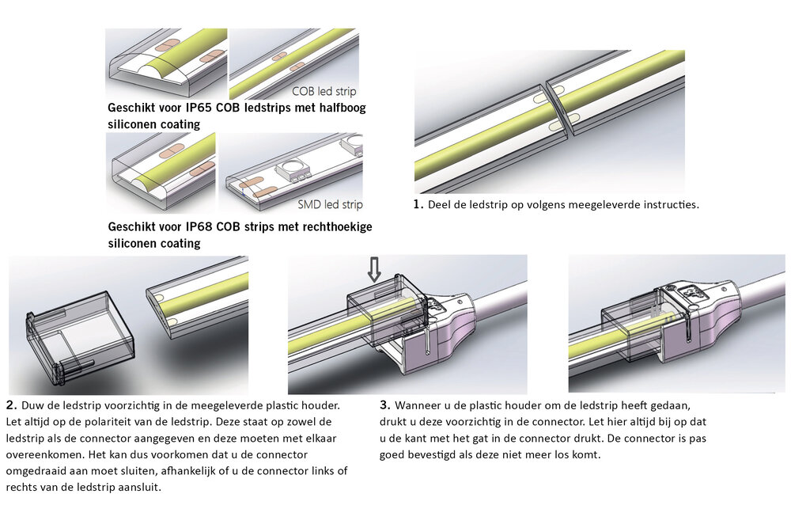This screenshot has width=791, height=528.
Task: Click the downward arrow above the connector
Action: point(374,268)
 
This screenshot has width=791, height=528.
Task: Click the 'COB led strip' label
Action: point(324,91)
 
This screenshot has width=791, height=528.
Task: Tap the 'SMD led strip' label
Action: point(331,205)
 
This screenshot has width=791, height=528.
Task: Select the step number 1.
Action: point(418,204)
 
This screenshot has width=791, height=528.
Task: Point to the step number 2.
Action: point(9,404)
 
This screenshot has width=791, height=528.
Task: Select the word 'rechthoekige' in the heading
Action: point(332,227)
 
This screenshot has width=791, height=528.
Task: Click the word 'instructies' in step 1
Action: point(668,204)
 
